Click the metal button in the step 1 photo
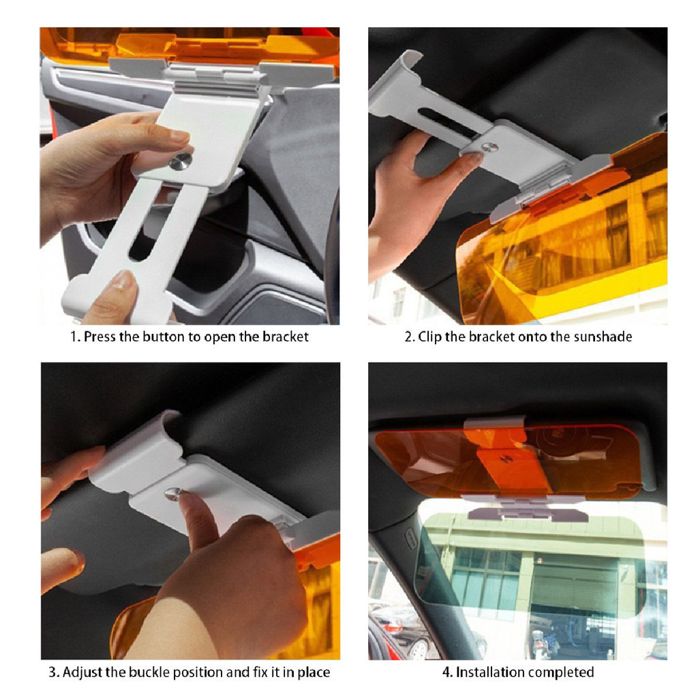tap(181, 161)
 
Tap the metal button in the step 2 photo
tap(489, 147)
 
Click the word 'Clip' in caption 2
tap(430, 337)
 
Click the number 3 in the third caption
tap(52, 671)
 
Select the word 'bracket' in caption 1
tap(286, 337)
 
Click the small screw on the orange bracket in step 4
tap(506, 459)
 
